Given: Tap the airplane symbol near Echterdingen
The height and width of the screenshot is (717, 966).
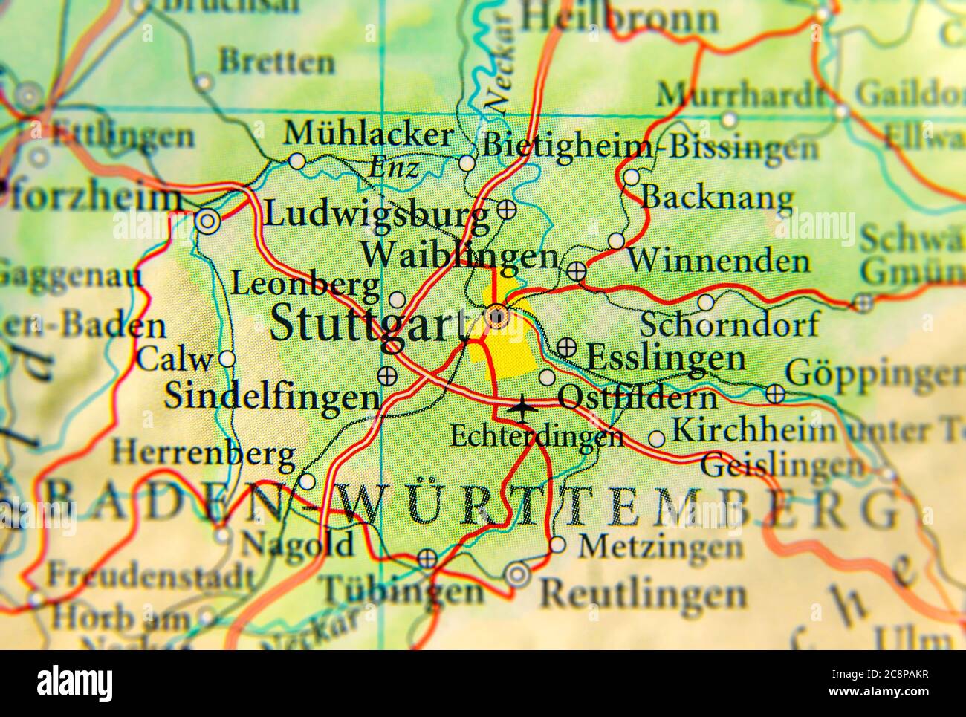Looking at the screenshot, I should pos(523,407).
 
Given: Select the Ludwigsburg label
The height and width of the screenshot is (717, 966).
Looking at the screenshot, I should pos(377,215).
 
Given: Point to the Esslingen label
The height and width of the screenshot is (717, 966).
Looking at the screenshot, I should pos(666,358).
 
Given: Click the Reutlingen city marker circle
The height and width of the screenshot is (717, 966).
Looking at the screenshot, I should pos(517,574).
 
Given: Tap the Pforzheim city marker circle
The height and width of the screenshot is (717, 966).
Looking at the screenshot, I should pos(207,221).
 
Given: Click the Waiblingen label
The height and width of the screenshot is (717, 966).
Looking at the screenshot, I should pos(460,257).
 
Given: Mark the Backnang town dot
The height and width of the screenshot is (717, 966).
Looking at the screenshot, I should pos(631,178).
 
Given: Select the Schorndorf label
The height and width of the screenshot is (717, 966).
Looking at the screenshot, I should pos(730,325).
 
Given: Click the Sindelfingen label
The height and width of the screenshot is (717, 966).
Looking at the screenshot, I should pos(271,396).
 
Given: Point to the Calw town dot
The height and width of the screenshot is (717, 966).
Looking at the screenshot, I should pos(227,359).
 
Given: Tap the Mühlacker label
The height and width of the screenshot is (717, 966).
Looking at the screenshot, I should pos(369,134).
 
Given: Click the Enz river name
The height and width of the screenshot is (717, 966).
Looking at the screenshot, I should pos(393,168).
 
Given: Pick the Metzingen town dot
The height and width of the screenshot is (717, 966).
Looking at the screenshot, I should pos(557,545).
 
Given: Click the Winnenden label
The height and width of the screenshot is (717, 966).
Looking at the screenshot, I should pos(718,262).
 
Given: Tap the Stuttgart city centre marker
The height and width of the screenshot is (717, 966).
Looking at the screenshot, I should pos(496,318).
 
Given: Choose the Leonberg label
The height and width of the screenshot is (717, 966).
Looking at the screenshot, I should pos(305,284).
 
